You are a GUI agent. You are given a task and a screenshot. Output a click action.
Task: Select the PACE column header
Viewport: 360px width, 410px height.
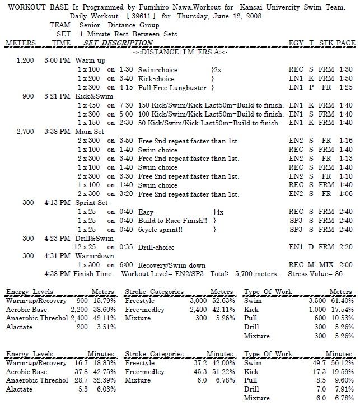pos(345,43)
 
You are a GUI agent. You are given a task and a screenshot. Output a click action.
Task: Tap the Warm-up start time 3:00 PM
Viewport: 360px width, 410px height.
pos(57,60)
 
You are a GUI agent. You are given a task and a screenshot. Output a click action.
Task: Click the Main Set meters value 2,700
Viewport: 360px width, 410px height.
pos(26,132)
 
